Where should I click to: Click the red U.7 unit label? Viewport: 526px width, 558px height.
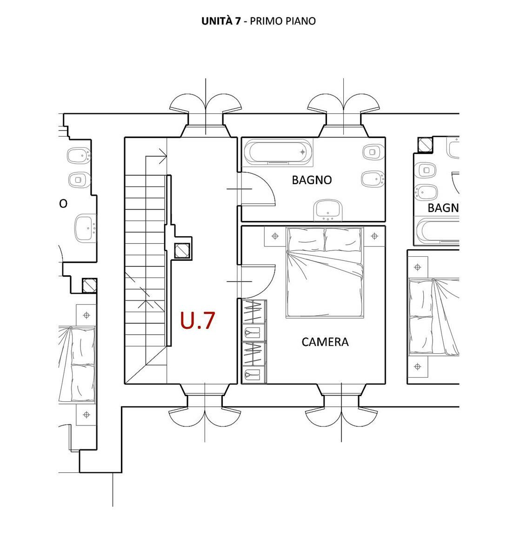pyautogui.click(x=198, y=320)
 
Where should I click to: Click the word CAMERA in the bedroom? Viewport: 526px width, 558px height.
pyautogui.click(x=325, y=342)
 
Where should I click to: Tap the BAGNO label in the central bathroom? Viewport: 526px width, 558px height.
pyautogui.click(x=312, y=180)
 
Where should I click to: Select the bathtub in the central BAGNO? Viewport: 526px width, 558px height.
pyautogui.click(x=278, y=152)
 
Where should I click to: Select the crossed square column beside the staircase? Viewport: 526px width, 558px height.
pyautogui.click(x=182, y=251)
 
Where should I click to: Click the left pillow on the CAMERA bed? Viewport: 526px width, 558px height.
pyautogui.click(x=306, y=239)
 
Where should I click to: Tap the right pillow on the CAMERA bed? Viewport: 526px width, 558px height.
pyautogui.click(x=343, y=239)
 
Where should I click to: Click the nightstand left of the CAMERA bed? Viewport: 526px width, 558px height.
pyautogui.click(x=275, y=236)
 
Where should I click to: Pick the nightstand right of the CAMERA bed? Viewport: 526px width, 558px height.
pyautogui.click(x=374, y=236)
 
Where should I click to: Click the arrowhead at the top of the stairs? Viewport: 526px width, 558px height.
pyautogui.click(x=163, y=156)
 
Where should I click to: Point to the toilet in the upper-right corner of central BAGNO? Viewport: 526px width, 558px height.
pyautogui.click(x=373, y=152)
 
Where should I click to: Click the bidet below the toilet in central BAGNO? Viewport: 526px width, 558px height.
pyautogui.click(x=373, y=179)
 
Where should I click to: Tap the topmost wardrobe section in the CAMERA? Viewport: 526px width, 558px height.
pyautogui.click(x=254, y=311)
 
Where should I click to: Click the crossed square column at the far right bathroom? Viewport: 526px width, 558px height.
pyautogui.click(x=425, y=145)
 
